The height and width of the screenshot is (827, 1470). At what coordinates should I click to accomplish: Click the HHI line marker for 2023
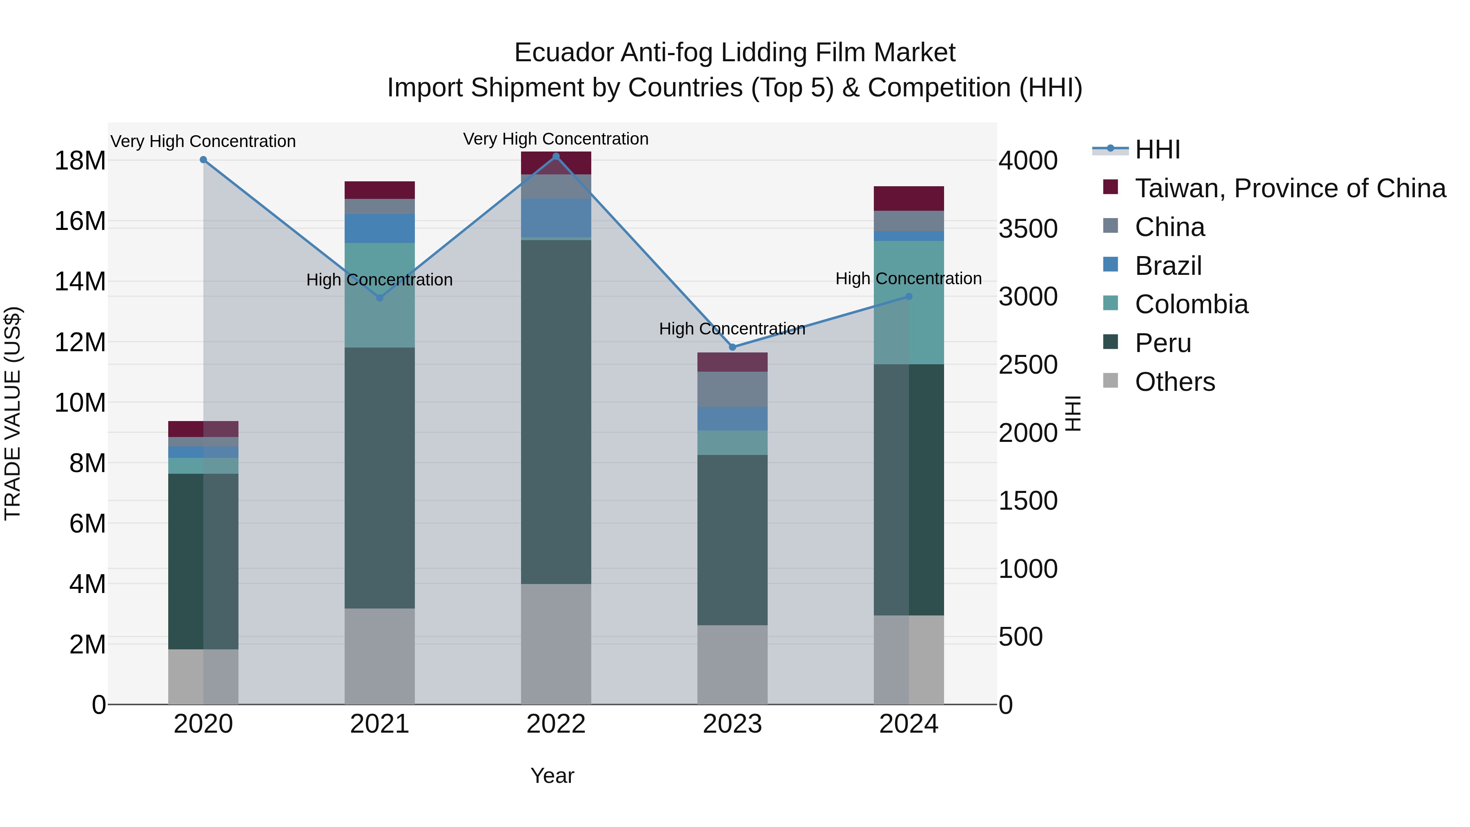(x=733, y=347)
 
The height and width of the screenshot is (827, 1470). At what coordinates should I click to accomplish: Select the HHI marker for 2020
(x=203, y=160)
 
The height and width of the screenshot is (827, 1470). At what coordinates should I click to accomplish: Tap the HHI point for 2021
(x=380, y=298)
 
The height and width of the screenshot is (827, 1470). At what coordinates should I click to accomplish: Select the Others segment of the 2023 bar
(x=732, y=664)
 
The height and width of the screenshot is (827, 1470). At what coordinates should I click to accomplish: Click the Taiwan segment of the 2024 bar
(x=909, y=198)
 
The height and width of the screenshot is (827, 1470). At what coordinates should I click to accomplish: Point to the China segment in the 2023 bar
(x=732, y=389)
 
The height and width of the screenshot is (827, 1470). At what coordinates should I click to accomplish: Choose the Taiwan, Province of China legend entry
(x=1290, y=188)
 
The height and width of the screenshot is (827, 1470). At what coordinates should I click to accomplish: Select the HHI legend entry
(x=1157, y=149)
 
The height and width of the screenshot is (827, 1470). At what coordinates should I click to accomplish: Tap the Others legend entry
(x=1174, y=382)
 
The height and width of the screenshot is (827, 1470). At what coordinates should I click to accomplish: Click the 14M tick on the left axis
(x=80, y=281)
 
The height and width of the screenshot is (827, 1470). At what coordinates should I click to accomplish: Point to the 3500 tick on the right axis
(x=1028, y=228)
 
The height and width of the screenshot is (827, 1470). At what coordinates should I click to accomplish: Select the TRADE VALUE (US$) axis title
(x=13, y=413)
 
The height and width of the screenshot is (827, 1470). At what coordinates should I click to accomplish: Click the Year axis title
(x=552, y=776)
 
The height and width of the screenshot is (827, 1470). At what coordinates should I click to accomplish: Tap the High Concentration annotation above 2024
(x=909, y=279)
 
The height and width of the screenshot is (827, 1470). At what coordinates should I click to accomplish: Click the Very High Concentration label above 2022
(x=556, y=139)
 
